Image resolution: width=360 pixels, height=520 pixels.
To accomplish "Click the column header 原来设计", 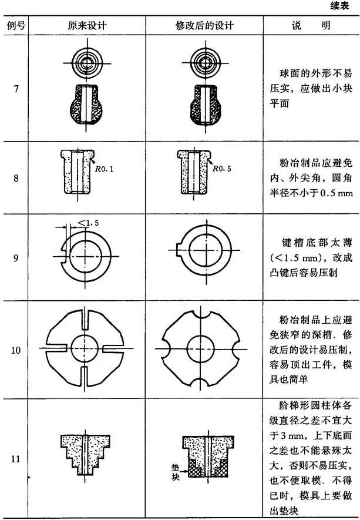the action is point(87,25).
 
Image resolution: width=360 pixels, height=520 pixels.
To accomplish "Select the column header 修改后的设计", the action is point(204,25).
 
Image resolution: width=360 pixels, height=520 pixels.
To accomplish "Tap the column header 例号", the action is point(16,25).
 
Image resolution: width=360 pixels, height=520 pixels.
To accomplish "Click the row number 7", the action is point(16,89).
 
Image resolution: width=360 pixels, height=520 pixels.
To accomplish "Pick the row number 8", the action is point(16,179).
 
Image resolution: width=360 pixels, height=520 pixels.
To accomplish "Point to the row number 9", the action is point(16,258).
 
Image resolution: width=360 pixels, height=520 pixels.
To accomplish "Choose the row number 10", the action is point(16,350).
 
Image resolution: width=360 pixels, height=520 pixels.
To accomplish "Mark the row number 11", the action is point(16,459).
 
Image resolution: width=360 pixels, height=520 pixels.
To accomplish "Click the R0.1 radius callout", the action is point(104,169).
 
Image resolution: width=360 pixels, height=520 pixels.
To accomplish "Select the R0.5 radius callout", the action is point(222,169).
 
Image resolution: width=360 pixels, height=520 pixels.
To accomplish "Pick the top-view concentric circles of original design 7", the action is point(87,63).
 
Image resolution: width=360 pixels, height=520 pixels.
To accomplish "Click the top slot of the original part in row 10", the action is point(85,320).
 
